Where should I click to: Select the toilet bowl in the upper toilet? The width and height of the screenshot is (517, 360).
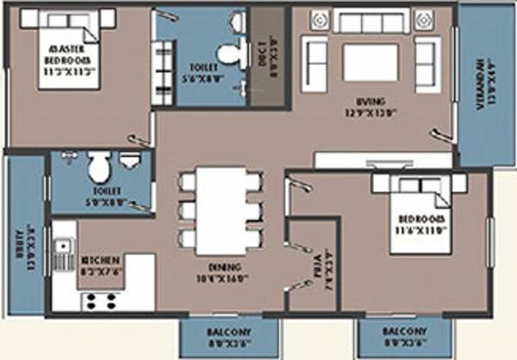(x=227, y=54)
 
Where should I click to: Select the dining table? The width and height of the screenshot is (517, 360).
(x=220, y=207)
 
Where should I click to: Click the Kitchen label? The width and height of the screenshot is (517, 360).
(x=95, y=262)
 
